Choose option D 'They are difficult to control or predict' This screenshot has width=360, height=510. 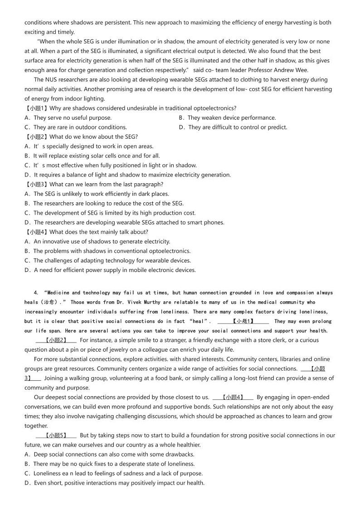[233, 127]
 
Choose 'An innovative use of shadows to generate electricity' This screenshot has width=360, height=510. [97, 241]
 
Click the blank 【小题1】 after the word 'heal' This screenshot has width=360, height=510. [243, 321]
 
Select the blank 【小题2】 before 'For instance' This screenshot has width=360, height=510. [56, 340]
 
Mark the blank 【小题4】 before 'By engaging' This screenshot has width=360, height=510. [233, 397]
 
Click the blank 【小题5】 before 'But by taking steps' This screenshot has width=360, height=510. [56, 435]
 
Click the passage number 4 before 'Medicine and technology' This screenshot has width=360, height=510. [35, 293]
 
